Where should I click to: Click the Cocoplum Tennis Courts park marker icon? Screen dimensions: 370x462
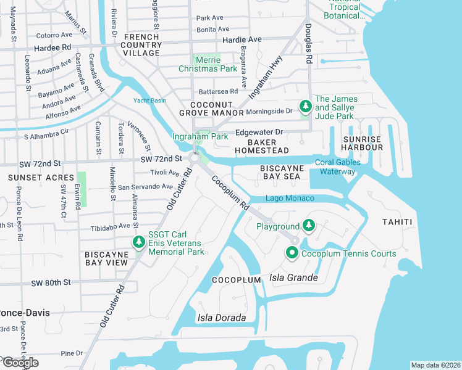click(x=291, y=253)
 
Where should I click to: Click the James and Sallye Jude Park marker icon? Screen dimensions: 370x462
click(x=305, y=107)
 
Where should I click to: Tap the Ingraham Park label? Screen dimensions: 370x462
click(x=200, y=136)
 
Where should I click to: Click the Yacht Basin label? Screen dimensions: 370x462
click(x=150, y=101)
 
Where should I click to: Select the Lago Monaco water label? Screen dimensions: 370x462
click(x=290, y=198)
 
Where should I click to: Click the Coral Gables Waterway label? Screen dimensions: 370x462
click(x=335, y=167)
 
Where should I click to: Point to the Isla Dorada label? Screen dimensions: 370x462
click(x=221, y=318)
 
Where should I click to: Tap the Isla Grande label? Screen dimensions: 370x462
click(x=294, y=278)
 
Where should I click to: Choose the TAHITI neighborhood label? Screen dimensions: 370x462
click(x=397, y=222)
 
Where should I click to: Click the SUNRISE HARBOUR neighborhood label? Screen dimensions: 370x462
click(x=362, y=143)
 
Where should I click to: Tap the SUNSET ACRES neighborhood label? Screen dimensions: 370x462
click(x=31, y=178)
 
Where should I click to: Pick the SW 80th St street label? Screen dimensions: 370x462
click(x=51, y=282)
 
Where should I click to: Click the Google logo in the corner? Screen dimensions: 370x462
click(x=20, y=363)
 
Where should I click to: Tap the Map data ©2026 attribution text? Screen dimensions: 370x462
click(x=435, y=365)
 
